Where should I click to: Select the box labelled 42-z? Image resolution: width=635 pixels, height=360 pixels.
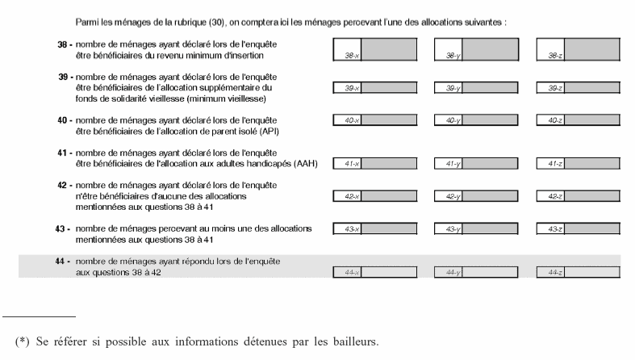point(578,195)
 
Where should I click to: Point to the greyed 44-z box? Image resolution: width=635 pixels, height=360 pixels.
point(578,272)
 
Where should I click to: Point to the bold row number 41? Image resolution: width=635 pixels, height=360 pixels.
point(62,152)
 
